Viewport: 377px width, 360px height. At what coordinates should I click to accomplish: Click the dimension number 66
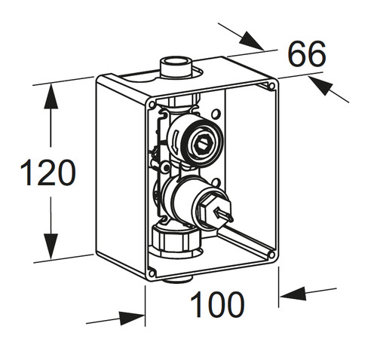307,54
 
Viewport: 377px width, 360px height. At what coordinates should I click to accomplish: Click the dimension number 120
48,172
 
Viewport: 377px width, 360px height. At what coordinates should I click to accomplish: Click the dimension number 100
217,304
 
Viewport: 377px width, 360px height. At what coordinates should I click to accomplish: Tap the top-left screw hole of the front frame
152,105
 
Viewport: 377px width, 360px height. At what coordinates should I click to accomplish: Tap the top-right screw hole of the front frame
271,86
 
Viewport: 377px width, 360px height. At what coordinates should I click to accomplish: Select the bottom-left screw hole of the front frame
152,273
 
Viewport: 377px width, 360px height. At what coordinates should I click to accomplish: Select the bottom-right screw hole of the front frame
271,255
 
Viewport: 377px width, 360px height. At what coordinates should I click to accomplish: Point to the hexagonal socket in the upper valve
203,144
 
